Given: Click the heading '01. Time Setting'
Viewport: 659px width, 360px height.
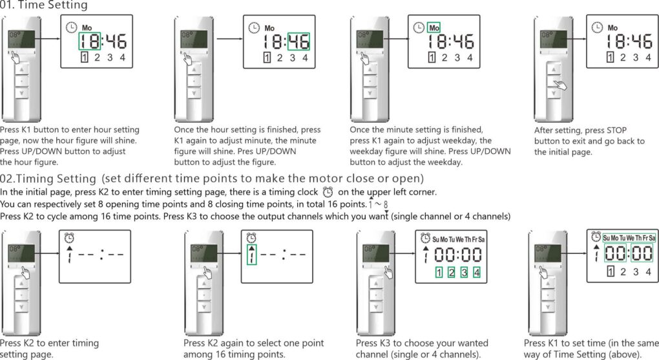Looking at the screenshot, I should [x=44, y=6].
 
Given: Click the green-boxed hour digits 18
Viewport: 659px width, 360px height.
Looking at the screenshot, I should [x=90, y=42].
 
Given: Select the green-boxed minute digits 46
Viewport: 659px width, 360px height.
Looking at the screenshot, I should [x=298, y=42].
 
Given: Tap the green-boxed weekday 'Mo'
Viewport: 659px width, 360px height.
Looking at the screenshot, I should [x=434, y=28].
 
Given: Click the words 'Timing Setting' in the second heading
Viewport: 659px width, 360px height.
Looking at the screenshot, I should [x=57, y=178].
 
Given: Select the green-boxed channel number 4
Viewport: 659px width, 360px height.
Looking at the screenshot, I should [x=477, y=272].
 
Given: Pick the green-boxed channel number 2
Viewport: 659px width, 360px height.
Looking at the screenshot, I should [x=452, y=272].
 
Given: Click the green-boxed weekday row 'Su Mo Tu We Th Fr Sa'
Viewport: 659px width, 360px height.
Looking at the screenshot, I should [x=629, y=238].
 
